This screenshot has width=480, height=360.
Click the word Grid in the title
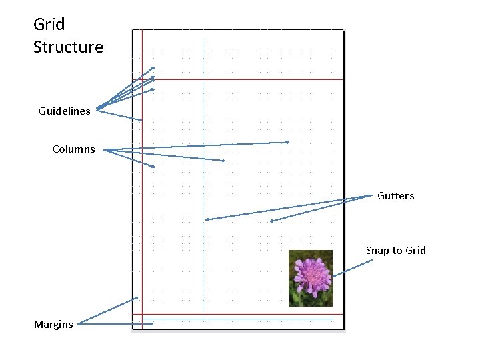click(x=49, y=25)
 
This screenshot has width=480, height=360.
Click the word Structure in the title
click(x=69, y=47)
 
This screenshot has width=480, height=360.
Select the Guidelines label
click(x=65, y=111)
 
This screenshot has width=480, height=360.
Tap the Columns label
click(x=74, y=149)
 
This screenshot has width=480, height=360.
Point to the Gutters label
click(x=396, y=196)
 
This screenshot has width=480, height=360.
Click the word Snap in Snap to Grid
click(x=377, y=251)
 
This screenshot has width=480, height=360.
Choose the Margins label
click(x=53, y=325)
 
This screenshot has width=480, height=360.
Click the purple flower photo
click(x=311, y=279)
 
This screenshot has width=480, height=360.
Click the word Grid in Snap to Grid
click(x=414, y=251)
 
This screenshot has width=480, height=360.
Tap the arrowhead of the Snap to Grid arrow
click(x=333, y=276)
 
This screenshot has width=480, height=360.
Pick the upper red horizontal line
click(x=240, y=80)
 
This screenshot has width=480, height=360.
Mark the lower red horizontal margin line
click(x=240, y=314)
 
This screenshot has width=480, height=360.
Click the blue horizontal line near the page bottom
click(x=240, y=319)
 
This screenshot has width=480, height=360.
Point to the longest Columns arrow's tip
click(x=288, y=142)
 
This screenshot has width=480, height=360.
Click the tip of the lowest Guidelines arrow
click(x=141, y=120)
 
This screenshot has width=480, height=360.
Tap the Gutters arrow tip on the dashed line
click(x=207, y=219)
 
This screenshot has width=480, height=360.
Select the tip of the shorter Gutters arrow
click(x=271, y=221)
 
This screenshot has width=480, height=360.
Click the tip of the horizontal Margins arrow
click(x=153, y=324)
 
